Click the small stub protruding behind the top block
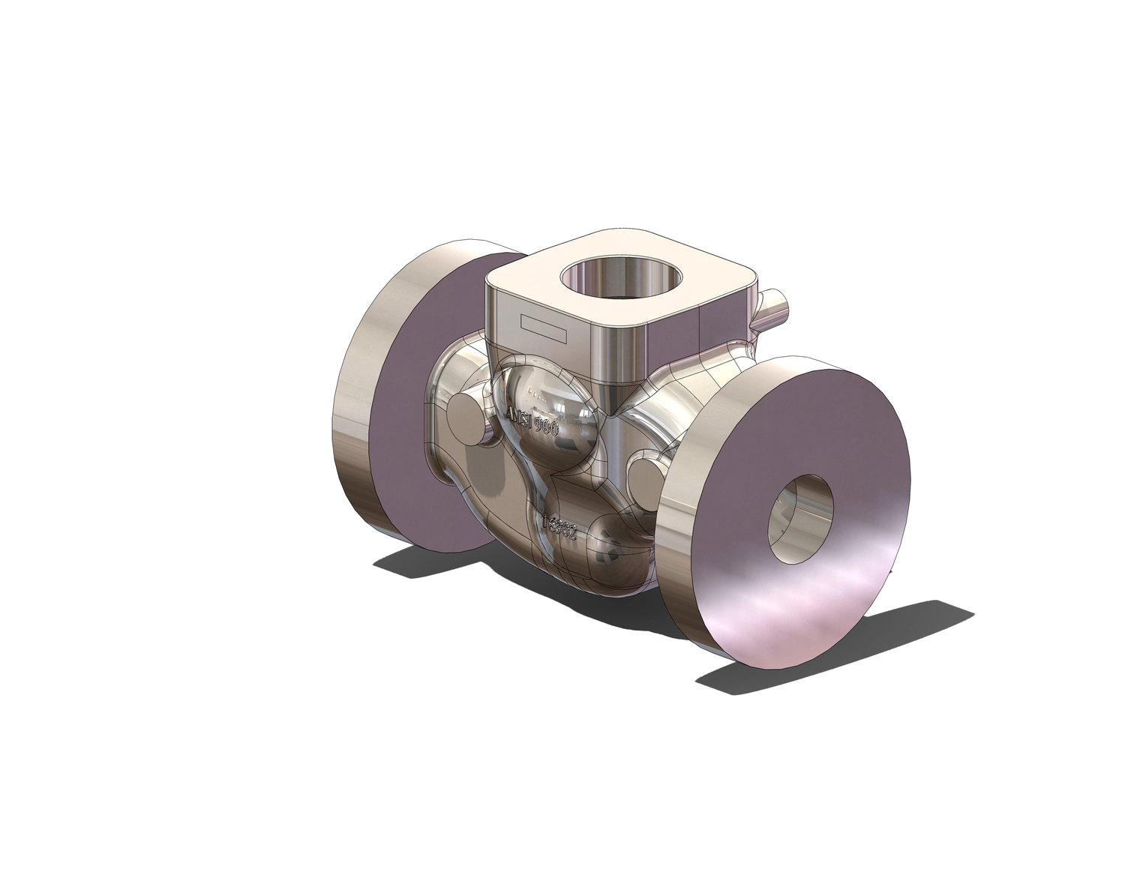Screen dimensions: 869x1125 pos(772,304)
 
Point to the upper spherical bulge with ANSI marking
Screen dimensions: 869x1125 pos(551,405)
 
